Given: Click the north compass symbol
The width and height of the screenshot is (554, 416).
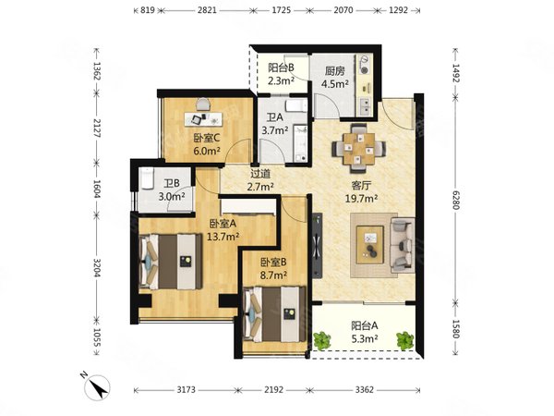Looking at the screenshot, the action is click(x=96, y=387).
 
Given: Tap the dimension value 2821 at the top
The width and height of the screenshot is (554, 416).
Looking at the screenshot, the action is click(x=207, y=10).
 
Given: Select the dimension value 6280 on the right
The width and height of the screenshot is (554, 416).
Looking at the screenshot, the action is click(x=456, y=200).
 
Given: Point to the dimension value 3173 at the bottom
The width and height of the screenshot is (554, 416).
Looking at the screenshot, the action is click(x=186, y=390).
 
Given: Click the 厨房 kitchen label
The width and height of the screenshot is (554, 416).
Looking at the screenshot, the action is click(x=335, y=71).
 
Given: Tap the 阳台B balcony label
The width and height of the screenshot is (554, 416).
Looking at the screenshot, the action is click(x=281, y=67).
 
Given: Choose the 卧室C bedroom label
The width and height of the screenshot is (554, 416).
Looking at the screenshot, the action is click(x=207, y=138).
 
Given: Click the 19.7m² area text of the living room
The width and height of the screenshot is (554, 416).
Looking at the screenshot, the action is click(x=361, y=198).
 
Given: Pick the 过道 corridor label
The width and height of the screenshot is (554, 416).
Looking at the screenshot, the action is click(x=260, y=174).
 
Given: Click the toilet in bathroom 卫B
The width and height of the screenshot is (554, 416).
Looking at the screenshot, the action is click(x=146, y=177).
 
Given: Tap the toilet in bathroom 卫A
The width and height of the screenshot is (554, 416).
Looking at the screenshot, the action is click(x=296, y=105).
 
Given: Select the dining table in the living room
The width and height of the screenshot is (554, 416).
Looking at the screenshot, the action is click(x=358, y=148).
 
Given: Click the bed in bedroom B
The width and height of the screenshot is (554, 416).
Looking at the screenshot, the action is click(x=275, y=314).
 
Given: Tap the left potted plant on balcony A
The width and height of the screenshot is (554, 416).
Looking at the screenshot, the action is click(x=322, y=340).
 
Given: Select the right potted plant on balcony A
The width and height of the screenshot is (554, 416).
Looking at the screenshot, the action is click(x=405, y=340).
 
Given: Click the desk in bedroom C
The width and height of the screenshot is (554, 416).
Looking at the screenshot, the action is click(x=203, y=119).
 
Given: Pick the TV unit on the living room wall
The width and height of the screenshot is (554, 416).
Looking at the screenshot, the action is click(x=318, y=245).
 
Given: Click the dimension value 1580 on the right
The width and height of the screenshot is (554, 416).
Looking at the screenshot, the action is click(x=456, y=329).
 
